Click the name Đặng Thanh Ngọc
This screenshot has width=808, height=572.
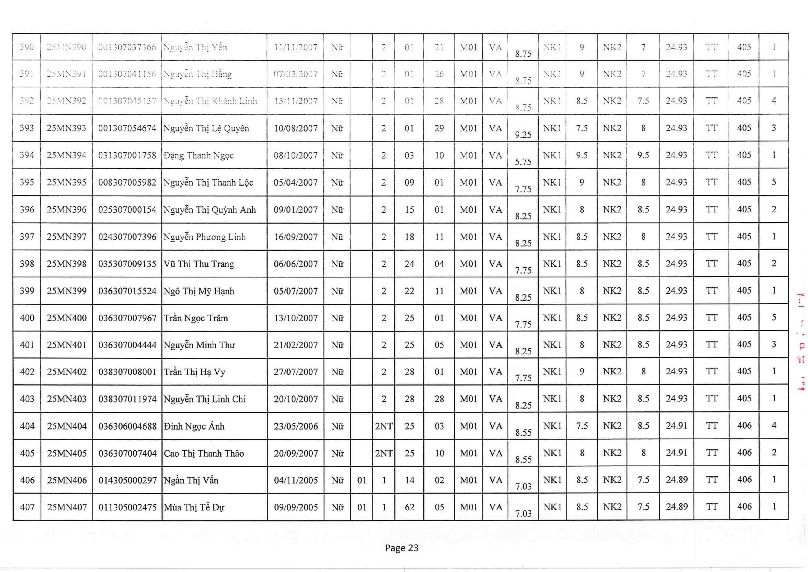click(198, 155)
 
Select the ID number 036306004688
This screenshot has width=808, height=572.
click(127, 426)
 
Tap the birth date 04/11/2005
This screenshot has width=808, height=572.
click(296, 480)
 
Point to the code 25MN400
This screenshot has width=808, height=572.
click(67, 318)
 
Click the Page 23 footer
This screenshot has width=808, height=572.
click(402, 548)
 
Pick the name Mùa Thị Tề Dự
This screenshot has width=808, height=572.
click(194, 507)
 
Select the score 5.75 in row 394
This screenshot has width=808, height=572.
click(523, 162)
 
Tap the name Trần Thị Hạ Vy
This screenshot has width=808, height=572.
click(194, 372)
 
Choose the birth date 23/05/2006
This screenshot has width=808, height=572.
click(296, 426)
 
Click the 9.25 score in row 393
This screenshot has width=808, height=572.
click(523, 135)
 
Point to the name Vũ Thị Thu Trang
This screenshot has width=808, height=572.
click(199, 264)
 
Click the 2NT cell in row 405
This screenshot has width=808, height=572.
click(384, 453)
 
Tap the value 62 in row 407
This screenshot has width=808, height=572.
click(409, 507)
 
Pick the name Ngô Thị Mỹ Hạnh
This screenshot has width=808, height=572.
click(199, 291)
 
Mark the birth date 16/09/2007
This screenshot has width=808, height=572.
click(296, 237)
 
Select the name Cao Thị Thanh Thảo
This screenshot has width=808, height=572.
click(204, 453)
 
